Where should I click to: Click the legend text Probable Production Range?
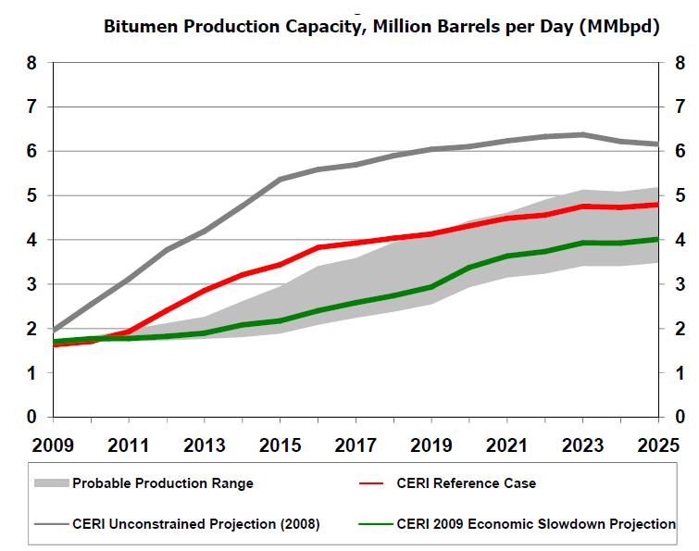(163, 483)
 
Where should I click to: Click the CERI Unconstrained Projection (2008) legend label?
(196, 524)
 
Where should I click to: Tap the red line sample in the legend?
(373, 483)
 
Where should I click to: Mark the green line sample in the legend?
(373, 524)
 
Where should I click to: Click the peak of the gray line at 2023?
(582, 134)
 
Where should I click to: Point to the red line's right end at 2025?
(657, 205)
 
